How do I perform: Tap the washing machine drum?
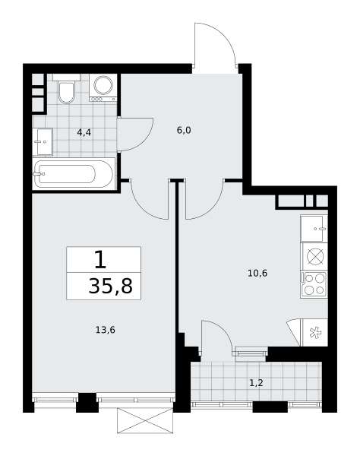pyautogui.click(x=103, y=85)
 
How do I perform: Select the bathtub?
pyautogui.click(x=74, y=174)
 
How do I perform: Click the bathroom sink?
pyautogui.click(x=43, y=141)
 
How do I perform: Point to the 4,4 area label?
pyautogui.click(x=84, y=132)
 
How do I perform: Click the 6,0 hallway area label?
pyautogui.click(x=184, y=130)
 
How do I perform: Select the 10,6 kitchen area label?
pyautogui.click(x=257, y=273)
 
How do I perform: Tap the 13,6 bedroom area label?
pyautogui.click(x=105, y=330)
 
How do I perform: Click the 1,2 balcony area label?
pyautogui.click(x=256, y=383)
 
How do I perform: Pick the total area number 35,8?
pyautogui.click(x=110, y=286)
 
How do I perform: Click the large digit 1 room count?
pyautogui.click(x=100, y=260)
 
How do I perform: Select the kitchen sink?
pyautogui.click(x=314, y=229)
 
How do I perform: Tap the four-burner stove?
pyautogui.click(x=314, y=284)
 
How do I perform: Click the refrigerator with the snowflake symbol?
pyautogui.click(x=315, y=332)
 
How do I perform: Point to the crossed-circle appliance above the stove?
pyautogui.click(x=315, y=257)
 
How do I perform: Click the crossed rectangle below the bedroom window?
pyautogui.click(x=145, y=420)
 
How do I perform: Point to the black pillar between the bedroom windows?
pyautogui.click(x=87, y=403)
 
